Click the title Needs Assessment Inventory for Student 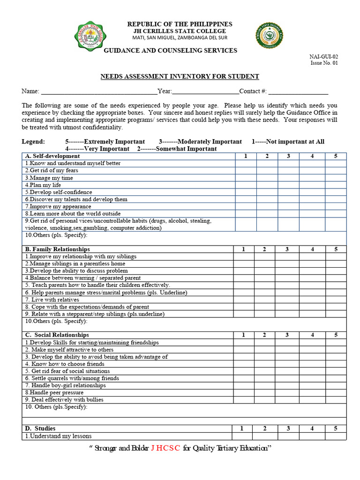click(x=180, y=76)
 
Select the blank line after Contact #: click(x=298, y=91)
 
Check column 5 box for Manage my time click(x=335, y=178)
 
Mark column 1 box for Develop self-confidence click(x=246, y=192)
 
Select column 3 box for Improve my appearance click(x=288, y=206)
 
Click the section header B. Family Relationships click(x=57, y=249)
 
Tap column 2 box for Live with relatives click(x=264, y=300)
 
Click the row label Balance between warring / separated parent click(x=82, y=278)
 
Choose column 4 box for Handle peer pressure click(x=312, y=392)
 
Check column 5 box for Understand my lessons click(x=336, y=436)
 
